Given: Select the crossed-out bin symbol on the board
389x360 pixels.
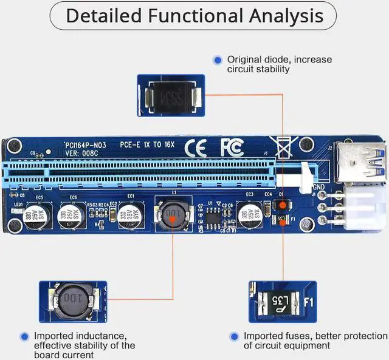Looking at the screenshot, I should click(x=281, y=147).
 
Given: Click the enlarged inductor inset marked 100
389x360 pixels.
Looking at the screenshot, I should click(x=72, y=301).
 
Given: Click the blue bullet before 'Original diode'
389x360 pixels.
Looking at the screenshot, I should click(x=218, y=59).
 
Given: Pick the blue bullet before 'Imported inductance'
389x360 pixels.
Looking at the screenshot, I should click(x=24, y=336).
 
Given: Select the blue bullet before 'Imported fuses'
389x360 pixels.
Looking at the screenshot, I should click(x=234, y=336).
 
